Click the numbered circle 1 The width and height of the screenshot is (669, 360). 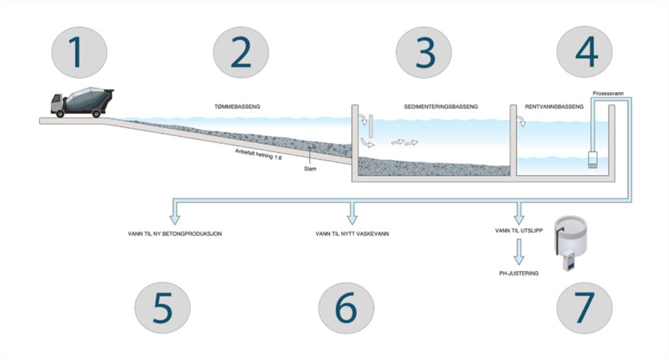pyautogui.click(x=79, y=52)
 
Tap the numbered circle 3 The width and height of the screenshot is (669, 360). pyautogui.click(x=424, y=52)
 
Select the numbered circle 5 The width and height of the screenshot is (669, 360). pyautogui.click(x=162, y=308)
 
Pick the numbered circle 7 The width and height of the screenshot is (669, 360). pyautogui.click(x=585, y=308)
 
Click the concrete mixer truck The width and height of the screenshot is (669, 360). pyautogui.click(x=82, y=102)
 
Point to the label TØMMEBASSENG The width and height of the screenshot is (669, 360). pyautogui.click(x=237, y=106)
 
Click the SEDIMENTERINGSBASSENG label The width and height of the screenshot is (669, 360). pyautogui.click(x=441, y=106)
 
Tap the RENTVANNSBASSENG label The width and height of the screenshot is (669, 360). pyautogui.click(x=553, y=106)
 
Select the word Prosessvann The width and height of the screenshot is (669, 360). pyautogui.click(x=608, y=94)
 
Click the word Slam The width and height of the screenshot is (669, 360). pyautogui.click(x=310, y=169)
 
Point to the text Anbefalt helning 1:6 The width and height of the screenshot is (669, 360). pyautogui.click(x=258, y=154)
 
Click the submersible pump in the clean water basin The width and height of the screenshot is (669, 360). pyautogui.click(x=592, y=159)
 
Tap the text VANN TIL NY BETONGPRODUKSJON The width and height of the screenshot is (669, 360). pyautogui.click(x=175, y=234)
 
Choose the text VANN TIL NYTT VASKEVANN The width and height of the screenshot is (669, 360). pyautogui.click(x=352, y=234)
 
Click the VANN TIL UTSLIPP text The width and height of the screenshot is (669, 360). pyautogui.click(x=519, y=230)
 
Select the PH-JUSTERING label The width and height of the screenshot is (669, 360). pyautogui.click(x=519, y=274)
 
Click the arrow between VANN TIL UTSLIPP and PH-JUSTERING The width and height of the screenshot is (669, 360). pyautogui.click(x=519, y=252)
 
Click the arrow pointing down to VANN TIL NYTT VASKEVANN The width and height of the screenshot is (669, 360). pyautogui.click(x=352, y=212)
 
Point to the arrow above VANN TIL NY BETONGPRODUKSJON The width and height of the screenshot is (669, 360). pyautogui.click(x=175, y=212)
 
